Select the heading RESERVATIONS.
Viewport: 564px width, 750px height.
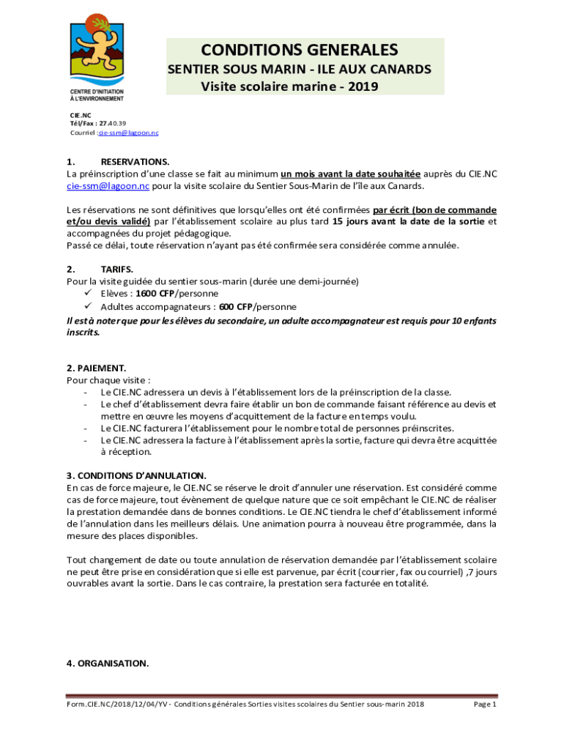click(x=135, y=161)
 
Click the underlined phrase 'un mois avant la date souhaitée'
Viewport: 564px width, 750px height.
click(x=350, y=174)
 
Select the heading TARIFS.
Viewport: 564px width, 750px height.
click(x=116, y=269)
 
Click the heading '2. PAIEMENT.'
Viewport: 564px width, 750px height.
click(x=97, y=368)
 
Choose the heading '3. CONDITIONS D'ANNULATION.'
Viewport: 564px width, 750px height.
click(x=136, y=475)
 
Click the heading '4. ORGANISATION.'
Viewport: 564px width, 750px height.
click(x=108, y=664)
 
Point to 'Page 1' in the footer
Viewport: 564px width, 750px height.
click(x=485, y=705)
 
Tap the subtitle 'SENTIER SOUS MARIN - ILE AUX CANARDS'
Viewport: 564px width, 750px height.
click(x=300, y=70)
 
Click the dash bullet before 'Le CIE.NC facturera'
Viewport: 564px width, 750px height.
click(x=86, y=428)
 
